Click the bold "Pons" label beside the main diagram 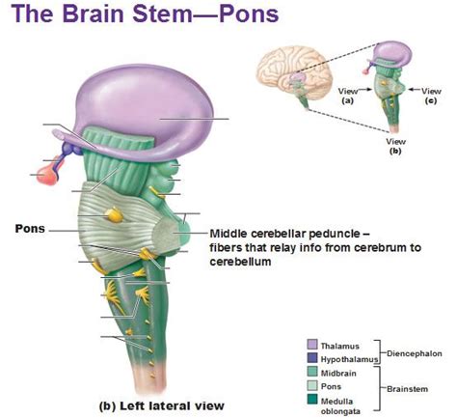pyautogui.click(x=30, y=229)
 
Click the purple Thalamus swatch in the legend pyautogui.click(x=310, y=344)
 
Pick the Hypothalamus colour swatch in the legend pyautogui.click(x=310, y=356)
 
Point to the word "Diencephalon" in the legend pyautogui.click(x=416, y=350)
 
